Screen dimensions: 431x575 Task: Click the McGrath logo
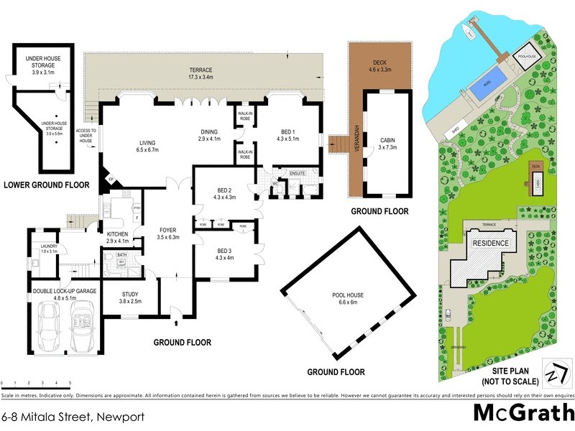(523, 412)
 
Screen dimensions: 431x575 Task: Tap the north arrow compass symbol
(553, 374)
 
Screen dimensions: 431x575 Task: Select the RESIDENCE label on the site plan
(490, 243)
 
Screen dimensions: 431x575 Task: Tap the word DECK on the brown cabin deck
(379, 63)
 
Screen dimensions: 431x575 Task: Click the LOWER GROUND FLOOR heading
(47, 185)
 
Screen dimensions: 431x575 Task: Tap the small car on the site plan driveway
(448, 314)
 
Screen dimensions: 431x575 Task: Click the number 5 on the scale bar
(70, 384)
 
